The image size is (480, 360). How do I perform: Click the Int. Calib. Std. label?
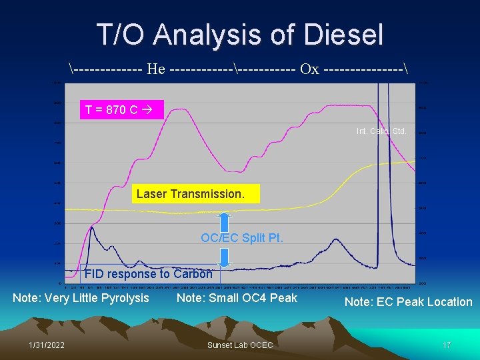(381, 131)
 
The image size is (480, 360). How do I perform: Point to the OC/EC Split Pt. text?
(242, 237)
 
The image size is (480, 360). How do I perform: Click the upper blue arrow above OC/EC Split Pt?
(225, 222)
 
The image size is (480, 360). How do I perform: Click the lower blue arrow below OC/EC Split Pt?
(225, 255)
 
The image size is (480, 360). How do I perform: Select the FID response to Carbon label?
(148, 273)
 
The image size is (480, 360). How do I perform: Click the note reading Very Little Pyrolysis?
(81, 298)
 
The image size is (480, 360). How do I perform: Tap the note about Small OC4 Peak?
(237, 298)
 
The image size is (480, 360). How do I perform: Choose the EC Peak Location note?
(408, 302)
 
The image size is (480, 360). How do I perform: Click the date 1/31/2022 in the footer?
(47, 345)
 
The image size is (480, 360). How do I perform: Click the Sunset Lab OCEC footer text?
(240, 345)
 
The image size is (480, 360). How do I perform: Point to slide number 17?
(447, 345)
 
